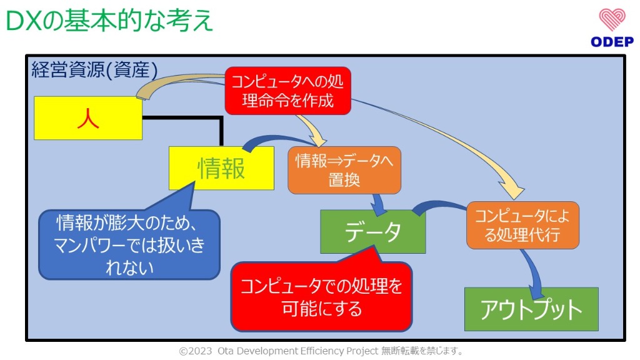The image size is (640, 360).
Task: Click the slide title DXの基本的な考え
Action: [x=110, y=21]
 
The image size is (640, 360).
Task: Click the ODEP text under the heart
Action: [x=612, y=42]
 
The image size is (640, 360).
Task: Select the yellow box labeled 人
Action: [x=88, y=118]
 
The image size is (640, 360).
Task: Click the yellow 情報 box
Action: [x=221, y=168]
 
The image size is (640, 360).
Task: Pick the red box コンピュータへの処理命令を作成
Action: [x=287, y=91]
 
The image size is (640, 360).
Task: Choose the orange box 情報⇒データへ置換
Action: [x=344, y=170]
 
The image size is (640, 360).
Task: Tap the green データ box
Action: [x=372, y=231]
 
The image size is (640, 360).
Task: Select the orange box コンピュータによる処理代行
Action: [x=522, y=225]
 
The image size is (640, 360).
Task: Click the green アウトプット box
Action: [x=531, y=309]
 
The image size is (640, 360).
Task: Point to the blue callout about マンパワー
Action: [x=129, y=244]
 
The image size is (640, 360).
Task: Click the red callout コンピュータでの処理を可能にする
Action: [x=321, y=296]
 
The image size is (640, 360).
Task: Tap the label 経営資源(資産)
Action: [x=94, y=69]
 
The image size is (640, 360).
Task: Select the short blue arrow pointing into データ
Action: [x=378, y=202]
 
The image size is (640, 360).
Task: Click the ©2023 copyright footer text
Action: [x=321, y=351]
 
